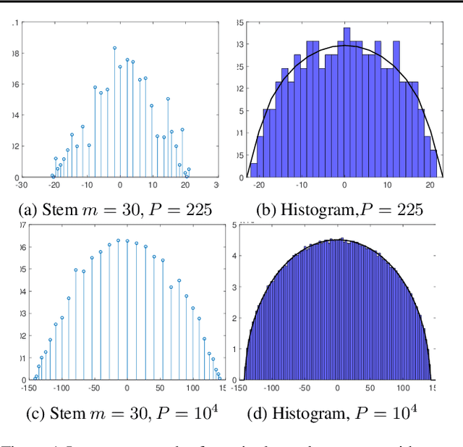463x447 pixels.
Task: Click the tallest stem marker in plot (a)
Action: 114,48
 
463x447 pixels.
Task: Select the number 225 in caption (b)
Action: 407,210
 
